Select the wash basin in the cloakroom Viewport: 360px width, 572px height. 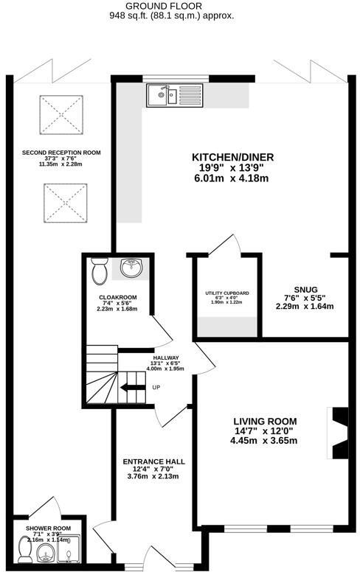tap(132, 267)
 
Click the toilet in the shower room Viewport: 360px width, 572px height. tap(24, 548)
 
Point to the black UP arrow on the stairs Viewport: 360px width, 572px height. tap(133, 388)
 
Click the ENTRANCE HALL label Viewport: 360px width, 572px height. tap(153, 461)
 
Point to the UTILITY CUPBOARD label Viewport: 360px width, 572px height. tap(226, 293)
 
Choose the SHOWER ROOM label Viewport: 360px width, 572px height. tap(48, 529)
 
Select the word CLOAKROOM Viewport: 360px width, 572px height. tap(116, 299)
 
